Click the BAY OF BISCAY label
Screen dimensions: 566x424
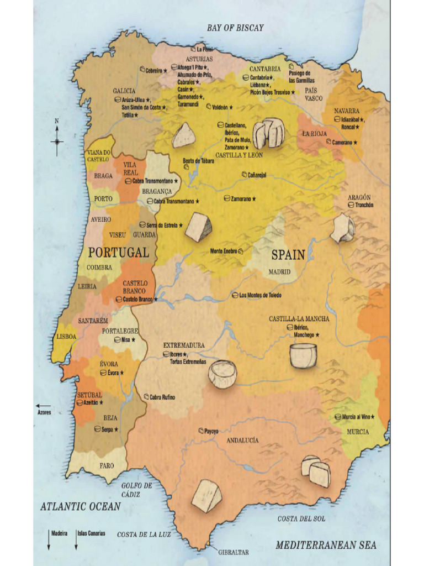pyautogui.click(x=235, y=28)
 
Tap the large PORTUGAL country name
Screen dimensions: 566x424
pyautogui.click(x=119, y=253)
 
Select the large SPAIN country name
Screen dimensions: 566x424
pyautogui.click(x=288, y=255)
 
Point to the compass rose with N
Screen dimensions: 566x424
pyautogui.click(x=57, y=140)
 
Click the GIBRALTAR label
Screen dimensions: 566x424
pyautogui.click(x=233, y=552)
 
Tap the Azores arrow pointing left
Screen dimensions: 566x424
pyautogui.click(x=43, y=406)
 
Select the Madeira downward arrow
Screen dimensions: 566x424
pyautogui.click(x=49, y=542)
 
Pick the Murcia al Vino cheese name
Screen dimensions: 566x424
pyautogui.click(x=357, y=416)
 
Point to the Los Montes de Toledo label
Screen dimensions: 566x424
pyautogui.click(x=259, y=295)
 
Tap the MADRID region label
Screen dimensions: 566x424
pyautogui.click(x=279, y=272)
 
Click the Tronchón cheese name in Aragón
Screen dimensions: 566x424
pyautogui.click(x=364, y=205)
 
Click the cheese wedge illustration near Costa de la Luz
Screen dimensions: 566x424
pyautogui.click(x=206, y=496)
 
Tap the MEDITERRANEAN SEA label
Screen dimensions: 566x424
pyautogui.click(x=326, y=545)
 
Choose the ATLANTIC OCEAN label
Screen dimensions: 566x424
pyautogui.click(x=80, y=506)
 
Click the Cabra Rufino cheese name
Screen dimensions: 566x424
pyautogui.click(x=162, y=397)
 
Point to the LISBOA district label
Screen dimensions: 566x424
pyautogui.click(x=66, y=336)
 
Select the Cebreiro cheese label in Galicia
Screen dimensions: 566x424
pyautogui.click(x=153, y=71)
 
